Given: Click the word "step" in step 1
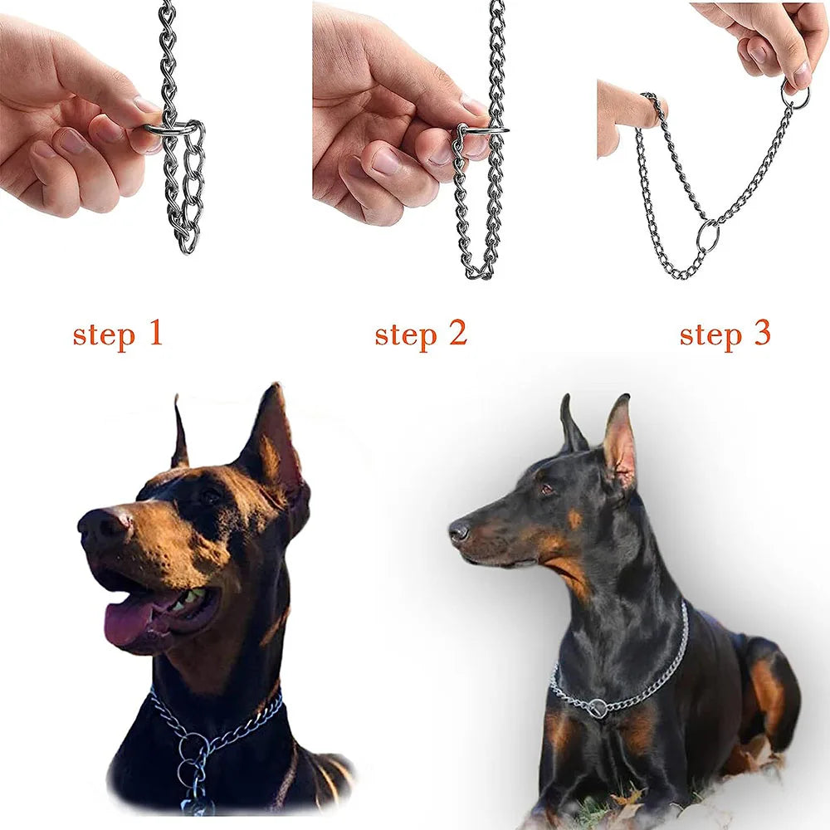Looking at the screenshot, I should click(102, 335).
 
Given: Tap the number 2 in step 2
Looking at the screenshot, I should click(455, 333).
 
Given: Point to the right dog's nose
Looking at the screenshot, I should click(458, 531).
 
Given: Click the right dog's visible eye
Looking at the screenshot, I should click(546, 490).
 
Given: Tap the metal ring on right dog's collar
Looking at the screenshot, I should click(597, 708).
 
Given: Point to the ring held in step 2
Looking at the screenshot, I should click(481, 129).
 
